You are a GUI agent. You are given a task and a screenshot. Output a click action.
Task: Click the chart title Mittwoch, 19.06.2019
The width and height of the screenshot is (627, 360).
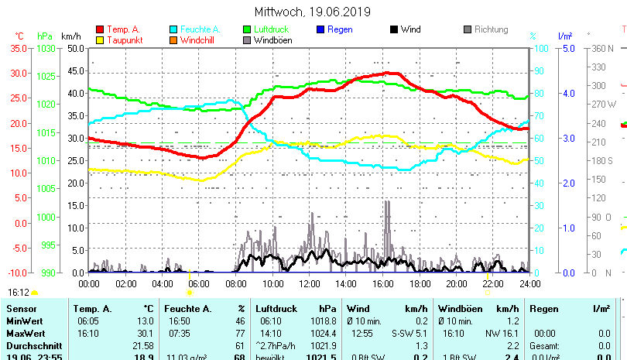pyautogui.click(x=313, y=12)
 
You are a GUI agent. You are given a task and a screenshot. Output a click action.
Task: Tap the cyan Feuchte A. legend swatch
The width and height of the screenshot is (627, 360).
pyautogui.click(x=174, y=29)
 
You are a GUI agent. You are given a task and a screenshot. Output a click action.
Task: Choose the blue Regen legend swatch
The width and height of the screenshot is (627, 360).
pyautogui.click(x=321, y=29)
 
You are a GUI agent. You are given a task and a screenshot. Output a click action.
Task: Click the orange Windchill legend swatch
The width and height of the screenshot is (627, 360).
pyautogui.click(x=174, y=39)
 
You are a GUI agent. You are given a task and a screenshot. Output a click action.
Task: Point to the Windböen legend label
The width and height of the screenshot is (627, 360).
pyautogui.click(x=272, y=39)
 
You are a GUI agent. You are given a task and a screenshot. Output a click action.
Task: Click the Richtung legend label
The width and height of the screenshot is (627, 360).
pyautogui.click(x=492, y=29)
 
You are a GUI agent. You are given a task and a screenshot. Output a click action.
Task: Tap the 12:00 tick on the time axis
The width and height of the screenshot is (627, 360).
pyautogui.click(x=309, y=283)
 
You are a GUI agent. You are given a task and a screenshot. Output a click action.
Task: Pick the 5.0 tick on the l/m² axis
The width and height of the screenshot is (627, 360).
pyautogui.click(x=566, y=48)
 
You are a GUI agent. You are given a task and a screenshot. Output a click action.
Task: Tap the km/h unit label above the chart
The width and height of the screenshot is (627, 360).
pyautogui.click(x=70, y=36)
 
